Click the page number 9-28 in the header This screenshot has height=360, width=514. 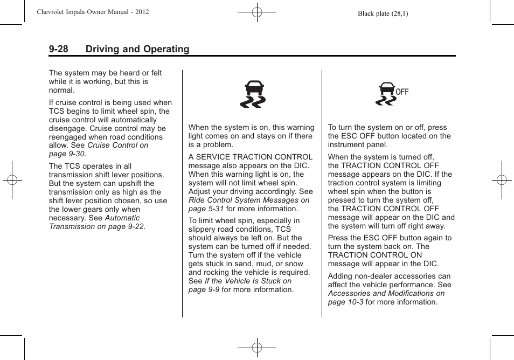pos(58,49)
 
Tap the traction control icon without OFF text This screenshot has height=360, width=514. pos(253,94)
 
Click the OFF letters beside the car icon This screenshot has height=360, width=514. pos(402,92)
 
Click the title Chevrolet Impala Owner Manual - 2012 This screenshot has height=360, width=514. pos(93,12)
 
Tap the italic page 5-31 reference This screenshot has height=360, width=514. pos(206,209)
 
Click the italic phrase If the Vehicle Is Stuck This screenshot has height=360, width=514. pos(248,281)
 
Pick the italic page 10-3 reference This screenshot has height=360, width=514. pos(345,302)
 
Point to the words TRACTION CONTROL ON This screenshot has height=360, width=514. pos(375,255)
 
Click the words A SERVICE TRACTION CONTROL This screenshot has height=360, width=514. pos(250,157)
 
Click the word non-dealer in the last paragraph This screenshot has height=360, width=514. pos(371,276)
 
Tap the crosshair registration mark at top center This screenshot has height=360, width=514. pos(257,11)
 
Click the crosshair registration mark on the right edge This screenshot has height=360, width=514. pos(502,180)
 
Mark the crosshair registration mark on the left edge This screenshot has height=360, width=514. pos(12,180)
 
